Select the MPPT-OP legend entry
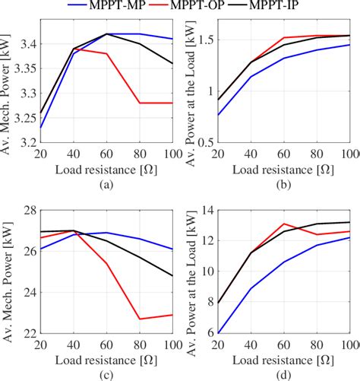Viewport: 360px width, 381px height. click(x=195, y=8)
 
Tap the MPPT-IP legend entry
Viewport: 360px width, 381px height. click(x=292, y=8)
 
